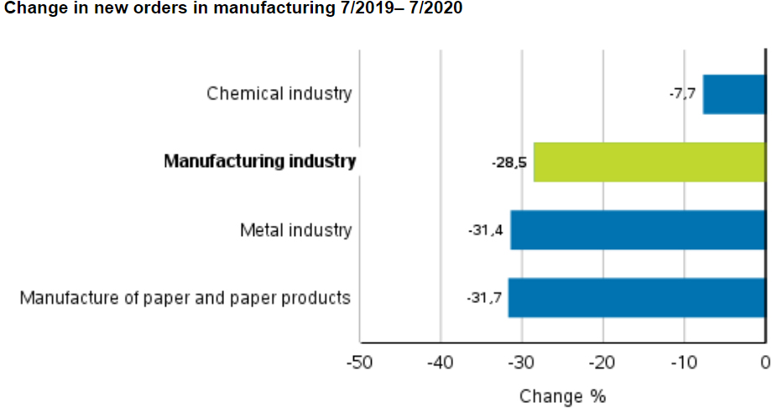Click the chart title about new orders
[233, 9]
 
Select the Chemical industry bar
[734, 94]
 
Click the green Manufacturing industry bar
[649, 162]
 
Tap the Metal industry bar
[638, 230]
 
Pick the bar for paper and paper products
[637, 298]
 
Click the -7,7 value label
[682, 94]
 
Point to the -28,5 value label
[509, 162]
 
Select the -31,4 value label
[486, 230]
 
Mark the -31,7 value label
[484, 298]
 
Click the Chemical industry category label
[279, 94]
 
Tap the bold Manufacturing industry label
[260, 162]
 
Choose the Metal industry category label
[295, 230]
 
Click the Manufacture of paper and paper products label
[185, 298]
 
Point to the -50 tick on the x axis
[360, 363]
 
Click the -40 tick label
[441, 363]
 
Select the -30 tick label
[522, 363]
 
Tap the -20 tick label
[603, 363]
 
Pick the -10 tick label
[684, 363]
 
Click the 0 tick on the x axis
[765, 363]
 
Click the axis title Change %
[562, 396]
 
